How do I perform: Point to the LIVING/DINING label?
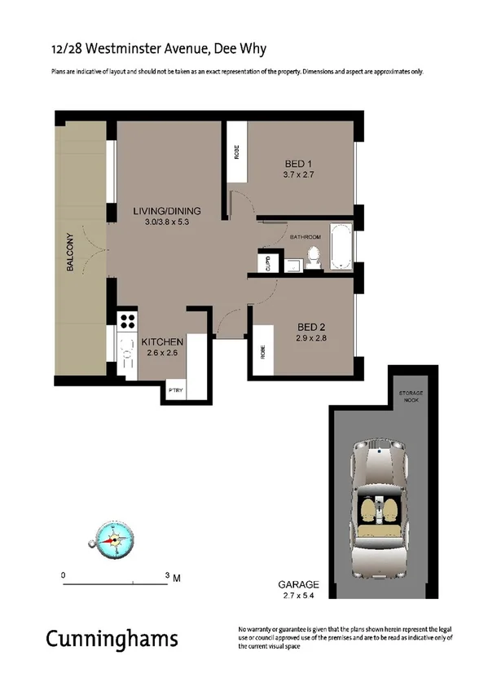pyautogui.click(x=167, y=212)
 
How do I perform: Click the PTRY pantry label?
pyautogui.click(x=175, y=390)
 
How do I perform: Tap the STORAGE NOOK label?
pyautogui.click(x=411, y=397)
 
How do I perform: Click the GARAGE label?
pyautogui.click(x=297, y=585)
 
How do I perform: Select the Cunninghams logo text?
pyautogui.click(x=112, y=639)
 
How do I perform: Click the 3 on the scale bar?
pyautogui.click(x=169, y=575)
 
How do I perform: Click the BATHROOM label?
pyautogui.click(x=306, y=236)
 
